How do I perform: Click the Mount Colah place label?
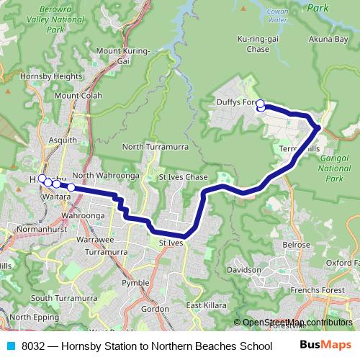78,95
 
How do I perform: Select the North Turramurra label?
155,147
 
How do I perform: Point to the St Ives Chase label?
183,177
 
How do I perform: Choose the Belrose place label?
296,245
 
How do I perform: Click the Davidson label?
244,269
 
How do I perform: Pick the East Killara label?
206,306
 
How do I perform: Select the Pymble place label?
135,283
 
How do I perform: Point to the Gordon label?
155,308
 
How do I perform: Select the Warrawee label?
95,239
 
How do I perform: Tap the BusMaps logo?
325,345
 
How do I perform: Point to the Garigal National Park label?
333,166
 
